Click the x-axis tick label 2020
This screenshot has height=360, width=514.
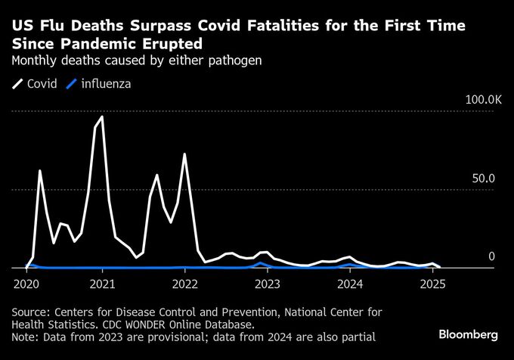click(x=26, y=284)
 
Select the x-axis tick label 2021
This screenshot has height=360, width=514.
click(x=102, y=284)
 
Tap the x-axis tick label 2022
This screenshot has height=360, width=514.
click(x=184, y=284)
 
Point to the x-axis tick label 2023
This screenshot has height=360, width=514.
click(x=267, y=284)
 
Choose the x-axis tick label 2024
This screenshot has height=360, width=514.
click(x=349, y=284)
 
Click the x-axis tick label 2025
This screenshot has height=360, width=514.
click(x=432, y=284)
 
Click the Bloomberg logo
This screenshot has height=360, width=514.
click(x=468, y=334)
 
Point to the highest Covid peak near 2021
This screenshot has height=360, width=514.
click(x=102, y=117)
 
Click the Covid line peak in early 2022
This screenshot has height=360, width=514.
click(x=184, y=154)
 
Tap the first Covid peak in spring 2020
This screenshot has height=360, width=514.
click(x=39, y=171)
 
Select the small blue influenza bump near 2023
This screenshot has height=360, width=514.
click(x=260, y=263)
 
